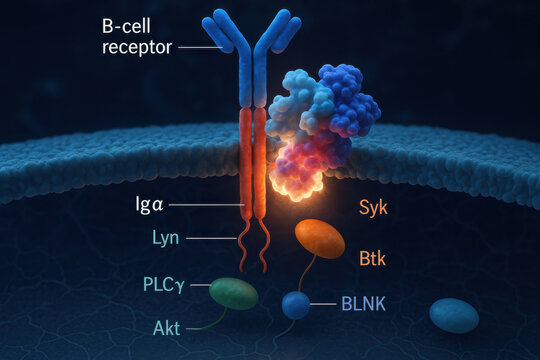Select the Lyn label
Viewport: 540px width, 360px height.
[165, 238]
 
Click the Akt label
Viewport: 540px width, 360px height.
[166, 327]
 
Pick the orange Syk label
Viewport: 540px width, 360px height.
[372, 208]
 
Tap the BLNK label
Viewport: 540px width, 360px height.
[362, 301]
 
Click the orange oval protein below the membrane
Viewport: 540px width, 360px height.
[319, 240]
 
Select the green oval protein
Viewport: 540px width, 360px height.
[234, 293]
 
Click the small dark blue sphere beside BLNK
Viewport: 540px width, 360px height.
[295, 304]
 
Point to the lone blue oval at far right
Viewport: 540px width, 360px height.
[453, 315]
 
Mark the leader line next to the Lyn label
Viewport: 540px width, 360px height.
[212, 238]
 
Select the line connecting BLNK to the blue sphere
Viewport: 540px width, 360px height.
[323, 302]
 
